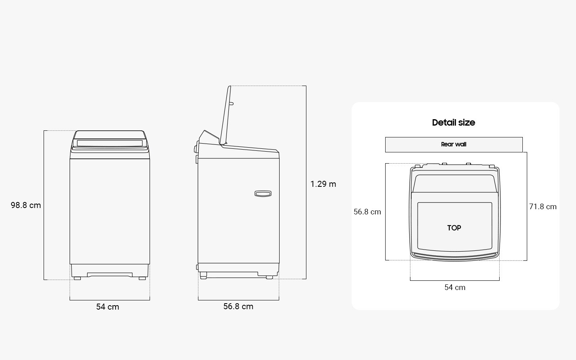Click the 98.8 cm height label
(26, 205)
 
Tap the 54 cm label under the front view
(108, 307)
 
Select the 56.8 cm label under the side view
(238, 306)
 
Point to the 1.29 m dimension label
(323, 184)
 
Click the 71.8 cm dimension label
(543, 206)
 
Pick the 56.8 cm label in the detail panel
(367, 212)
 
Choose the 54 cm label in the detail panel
(455, 287)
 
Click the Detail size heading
(454, 122)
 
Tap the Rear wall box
(454, 144)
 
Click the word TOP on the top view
(454, 228)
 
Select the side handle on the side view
(263, 194)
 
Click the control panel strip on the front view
(110, 143)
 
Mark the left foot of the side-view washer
(203, 276)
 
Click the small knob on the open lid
(232, 104)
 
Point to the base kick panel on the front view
(110, 275)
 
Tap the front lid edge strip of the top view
(455, 255)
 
